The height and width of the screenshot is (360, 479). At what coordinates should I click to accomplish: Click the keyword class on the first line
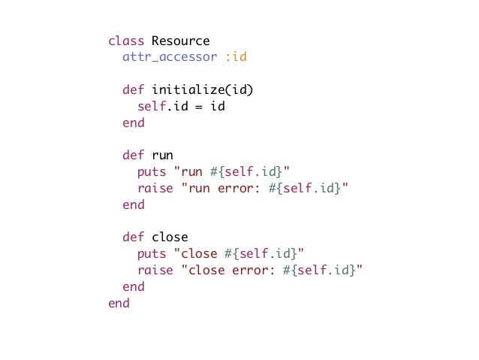coord(126,41)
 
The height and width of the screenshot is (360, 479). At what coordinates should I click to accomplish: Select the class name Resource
coord(180,41)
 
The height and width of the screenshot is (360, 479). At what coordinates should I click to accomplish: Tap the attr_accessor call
coord(170,57)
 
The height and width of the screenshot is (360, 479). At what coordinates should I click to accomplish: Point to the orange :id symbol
coord(236,57)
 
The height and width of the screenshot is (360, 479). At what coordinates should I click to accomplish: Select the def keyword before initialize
coord(134,90)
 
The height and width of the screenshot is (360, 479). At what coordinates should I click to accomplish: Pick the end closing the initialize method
coord(134,123)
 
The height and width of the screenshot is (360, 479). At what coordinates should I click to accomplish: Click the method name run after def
coord(162,156)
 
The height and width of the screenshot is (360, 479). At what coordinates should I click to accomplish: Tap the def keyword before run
coord(134,156)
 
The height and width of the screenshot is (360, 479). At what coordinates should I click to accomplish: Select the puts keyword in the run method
coord(152,172)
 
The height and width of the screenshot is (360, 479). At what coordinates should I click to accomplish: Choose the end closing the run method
coord(134,204)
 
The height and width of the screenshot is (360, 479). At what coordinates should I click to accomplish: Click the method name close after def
coord(170,237)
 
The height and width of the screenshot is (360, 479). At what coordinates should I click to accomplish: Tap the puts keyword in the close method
coord(152,254)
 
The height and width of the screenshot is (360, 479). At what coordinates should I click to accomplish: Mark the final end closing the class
coord(119,303)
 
